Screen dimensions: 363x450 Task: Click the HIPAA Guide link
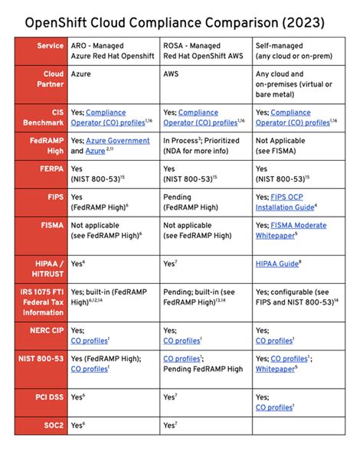277,263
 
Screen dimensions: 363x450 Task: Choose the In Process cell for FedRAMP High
204,147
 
